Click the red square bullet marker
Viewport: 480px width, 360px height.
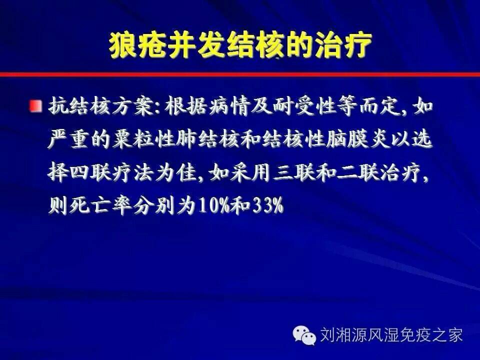[x=36, y=106]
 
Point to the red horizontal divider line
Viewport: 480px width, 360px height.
[x=240, y=74]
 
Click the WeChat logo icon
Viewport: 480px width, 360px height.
[x=303, y=334]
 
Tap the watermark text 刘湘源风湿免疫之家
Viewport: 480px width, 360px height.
[x=391, y=335]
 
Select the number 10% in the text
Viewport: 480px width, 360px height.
[x=214, y=206]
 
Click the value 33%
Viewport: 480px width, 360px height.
[x=268, y=206]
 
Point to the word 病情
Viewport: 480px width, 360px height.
[x=229, y=106]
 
